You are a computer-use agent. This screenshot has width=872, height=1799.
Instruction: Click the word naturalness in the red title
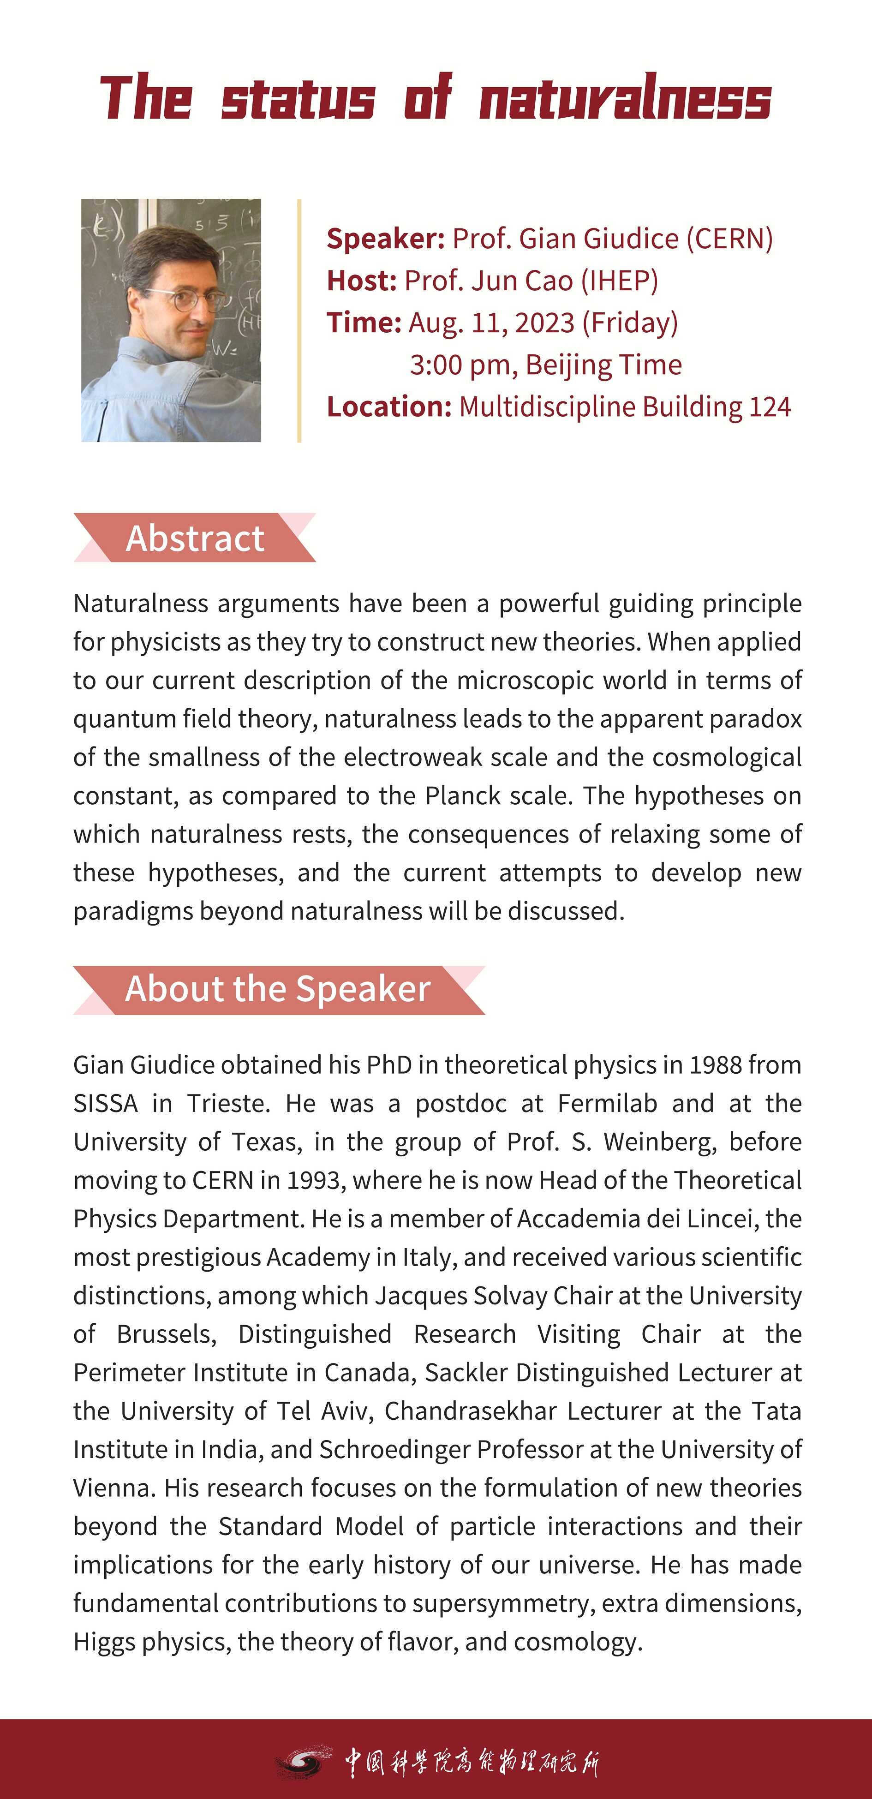625,98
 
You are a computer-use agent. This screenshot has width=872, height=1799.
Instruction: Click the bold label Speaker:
385,239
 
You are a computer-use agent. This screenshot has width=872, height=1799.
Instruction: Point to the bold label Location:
389,406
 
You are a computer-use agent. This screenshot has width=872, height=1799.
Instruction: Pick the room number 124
770,406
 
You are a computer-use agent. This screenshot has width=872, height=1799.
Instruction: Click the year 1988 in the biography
716,1065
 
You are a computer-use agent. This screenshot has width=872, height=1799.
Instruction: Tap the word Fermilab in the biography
607,1103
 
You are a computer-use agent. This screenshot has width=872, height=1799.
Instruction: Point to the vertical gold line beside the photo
299,321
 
